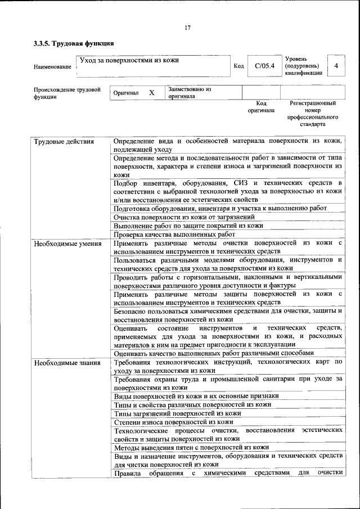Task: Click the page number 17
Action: (188, 28)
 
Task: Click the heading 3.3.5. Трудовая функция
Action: (70, 43)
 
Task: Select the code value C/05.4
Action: (264, 66)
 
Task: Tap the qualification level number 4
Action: (336, 66)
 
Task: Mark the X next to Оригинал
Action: (151, 93)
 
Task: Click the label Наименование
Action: (52, 67)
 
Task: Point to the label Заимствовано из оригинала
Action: (190, 93)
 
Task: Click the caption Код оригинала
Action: (261, 107)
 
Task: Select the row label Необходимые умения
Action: (67, 244)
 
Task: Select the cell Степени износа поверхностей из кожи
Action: (173, 421)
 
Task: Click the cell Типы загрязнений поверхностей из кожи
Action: (177, 413)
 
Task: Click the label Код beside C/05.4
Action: (238, 66)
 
